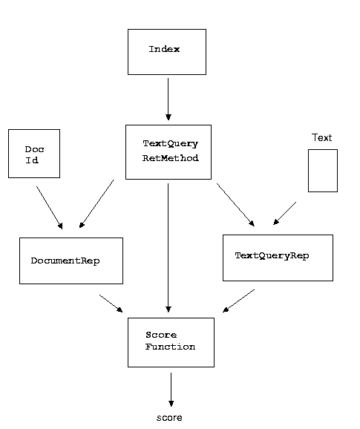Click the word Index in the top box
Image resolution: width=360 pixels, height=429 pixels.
pos(164,49)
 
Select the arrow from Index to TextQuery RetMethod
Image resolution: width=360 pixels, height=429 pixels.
pos(168,99)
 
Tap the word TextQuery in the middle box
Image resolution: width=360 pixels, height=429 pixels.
pos(170,144)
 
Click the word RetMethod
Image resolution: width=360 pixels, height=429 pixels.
pos(171,158)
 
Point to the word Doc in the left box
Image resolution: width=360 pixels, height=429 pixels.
pos(34,149)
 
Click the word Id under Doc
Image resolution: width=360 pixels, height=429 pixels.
pos(32,160)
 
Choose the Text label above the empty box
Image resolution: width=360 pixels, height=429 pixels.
pos(321,137)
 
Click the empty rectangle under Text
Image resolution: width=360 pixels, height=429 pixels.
pos(323,171)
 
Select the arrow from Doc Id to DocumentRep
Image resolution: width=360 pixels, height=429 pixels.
pos(50,208)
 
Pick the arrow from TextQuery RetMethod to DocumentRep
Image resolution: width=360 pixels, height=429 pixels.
pos(96,204)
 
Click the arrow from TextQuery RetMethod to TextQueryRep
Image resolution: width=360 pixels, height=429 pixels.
pos(235,205)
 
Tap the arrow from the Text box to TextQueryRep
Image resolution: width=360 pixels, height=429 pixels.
pos(284,214)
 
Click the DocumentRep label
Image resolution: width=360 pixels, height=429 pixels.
pos(65,261)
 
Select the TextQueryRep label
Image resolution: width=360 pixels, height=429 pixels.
pos(272,255)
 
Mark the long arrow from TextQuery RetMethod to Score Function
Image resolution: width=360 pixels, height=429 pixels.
pos(168,248)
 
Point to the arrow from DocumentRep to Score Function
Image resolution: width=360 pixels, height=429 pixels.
pos(111,304)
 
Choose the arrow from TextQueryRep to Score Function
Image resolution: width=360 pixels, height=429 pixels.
pos(238,301)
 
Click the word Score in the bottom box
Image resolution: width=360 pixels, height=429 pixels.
pos(161,335)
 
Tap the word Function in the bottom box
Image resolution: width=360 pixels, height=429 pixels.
pos(170,347)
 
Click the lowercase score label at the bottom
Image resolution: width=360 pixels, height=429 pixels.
pos(169,418)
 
